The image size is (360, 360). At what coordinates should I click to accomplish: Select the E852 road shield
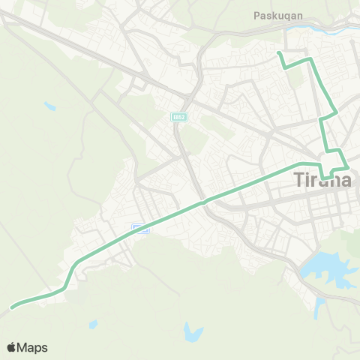pyautogui.click(x=178, y=117)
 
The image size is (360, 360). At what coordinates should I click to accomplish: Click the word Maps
pyautogui.click(x=33, y=347)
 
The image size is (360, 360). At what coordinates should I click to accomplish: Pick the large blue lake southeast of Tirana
pyautogui.click(x=326, y=267)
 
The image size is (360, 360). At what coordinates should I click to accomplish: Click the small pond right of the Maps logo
pyautogui.click(x=92, y=325)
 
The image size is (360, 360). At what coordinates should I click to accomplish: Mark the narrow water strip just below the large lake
pyautogui.click(x=320, y=307)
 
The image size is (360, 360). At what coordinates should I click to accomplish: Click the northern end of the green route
pyautogui.click(x=278, y=53)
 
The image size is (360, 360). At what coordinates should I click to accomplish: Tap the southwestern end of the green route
pyautogui.click(x=12, y=307)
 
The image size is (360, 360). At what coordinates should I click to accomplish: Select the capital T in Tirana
pyautogui.click(x=295, y=181)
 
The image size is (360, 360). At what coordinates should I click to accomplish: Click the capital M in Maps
pyautogui.click(x=24, y=347)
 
